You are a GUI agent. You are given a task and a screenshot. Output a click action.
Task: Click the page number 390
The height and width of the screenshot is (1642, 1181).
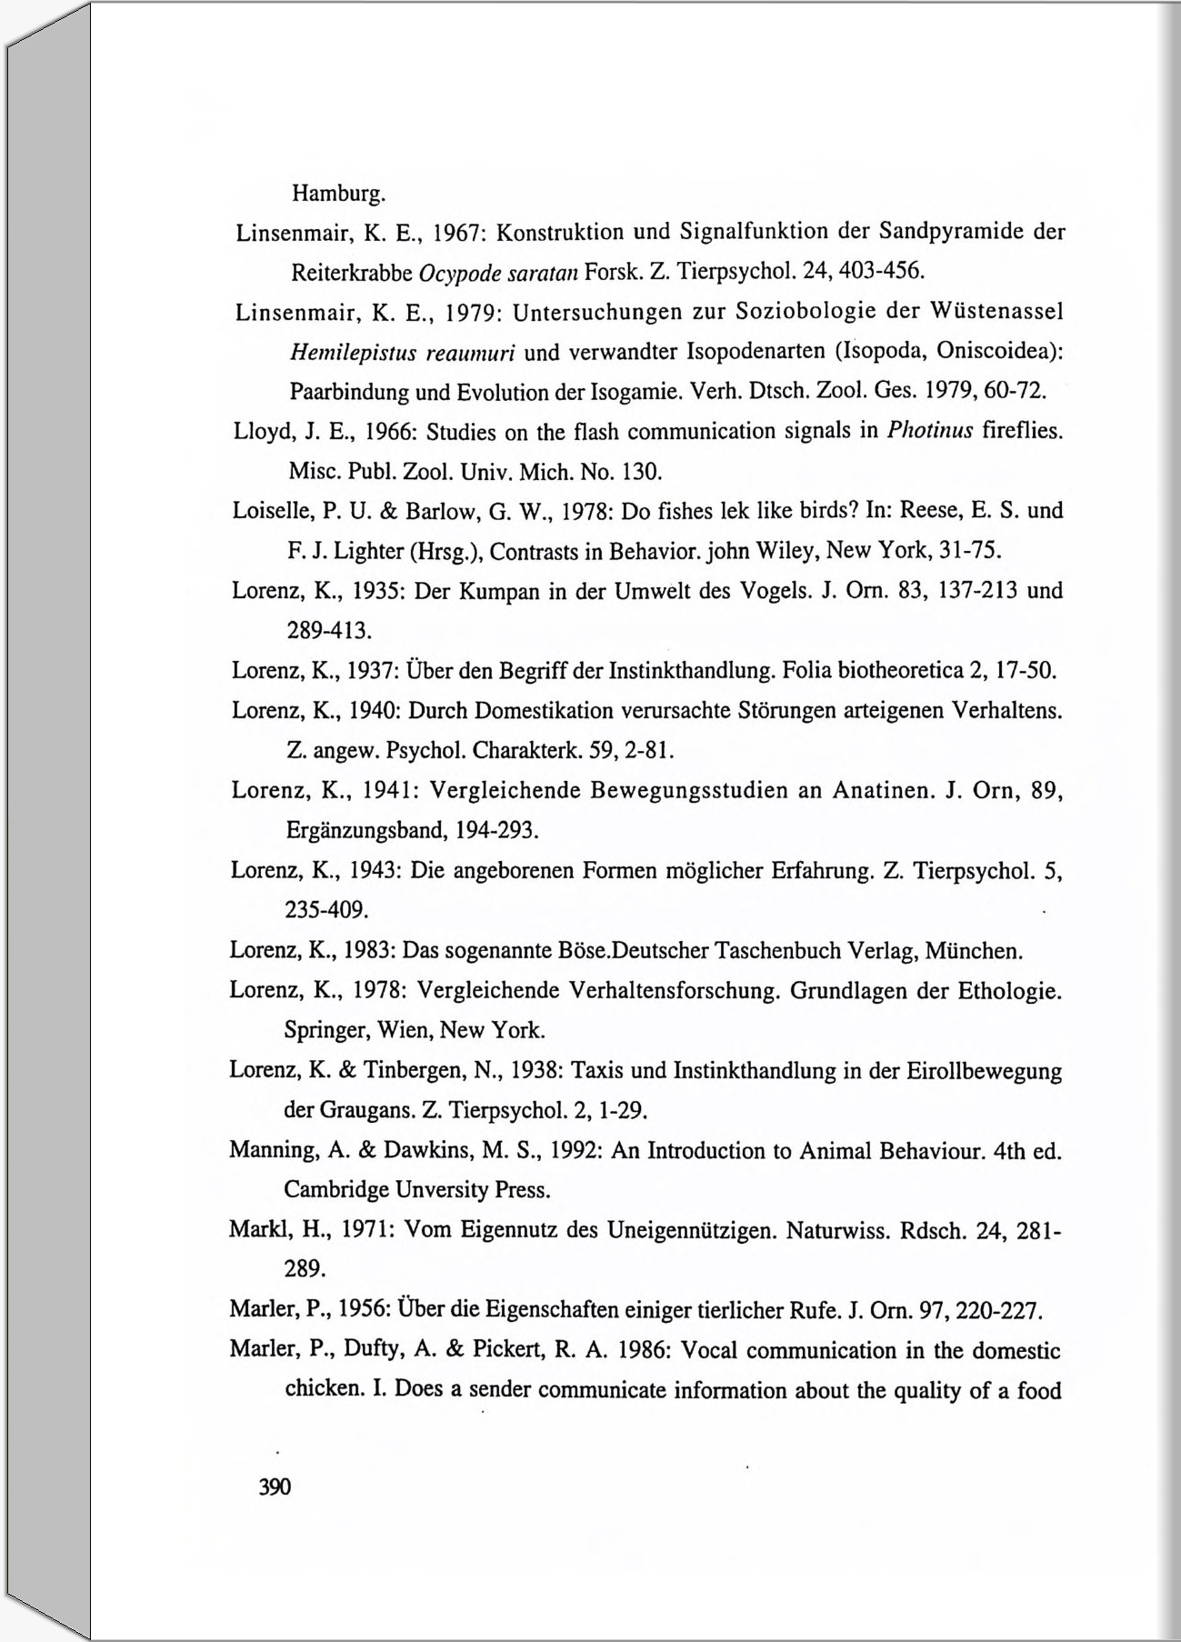tap(275, 1487)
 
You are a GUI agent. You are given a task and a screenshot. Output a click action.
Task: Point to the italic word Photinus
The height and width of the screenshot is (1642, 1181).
tap(929, 430)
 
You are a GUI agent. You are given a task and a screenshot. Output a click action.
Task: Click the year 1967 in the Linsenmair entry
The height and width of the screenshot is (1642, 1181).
tap(452, 232)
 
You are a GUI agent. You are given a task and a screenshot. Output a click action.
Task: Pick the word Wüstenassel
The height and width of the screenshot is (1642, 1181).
tap(997, 312)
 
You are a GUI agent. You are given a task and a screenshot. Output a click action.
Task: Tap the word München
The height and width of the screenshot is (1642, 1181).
tap(978, 952)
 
